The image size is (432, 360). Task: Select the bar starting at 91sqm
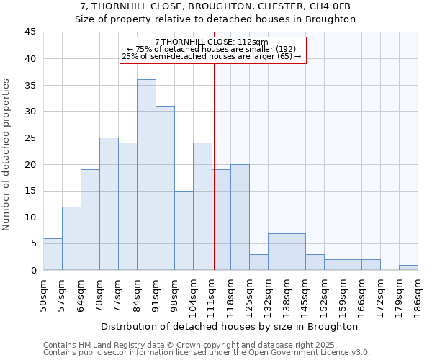click(x=165, y=188)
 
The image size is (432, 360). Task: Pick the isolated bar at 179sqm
click(x=408, y=267)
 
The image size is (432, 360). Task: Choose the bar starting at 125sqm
click(x=258, y=262)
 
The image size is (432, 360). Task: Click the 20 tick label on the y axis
click(x=30, y=165)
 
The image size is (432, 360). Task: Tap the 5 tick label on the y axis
click(x=32, y=244)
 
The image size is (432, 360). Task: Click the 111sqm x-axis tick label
click(x=212, y=294)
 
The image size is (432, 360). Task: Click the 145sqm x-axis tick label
click(x=305, y=294)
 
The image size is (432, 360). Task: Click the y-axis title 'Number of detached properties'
click(x=7, y=156)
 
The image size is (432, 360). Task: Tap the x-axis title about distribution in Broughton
click(x=230, y=326)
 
